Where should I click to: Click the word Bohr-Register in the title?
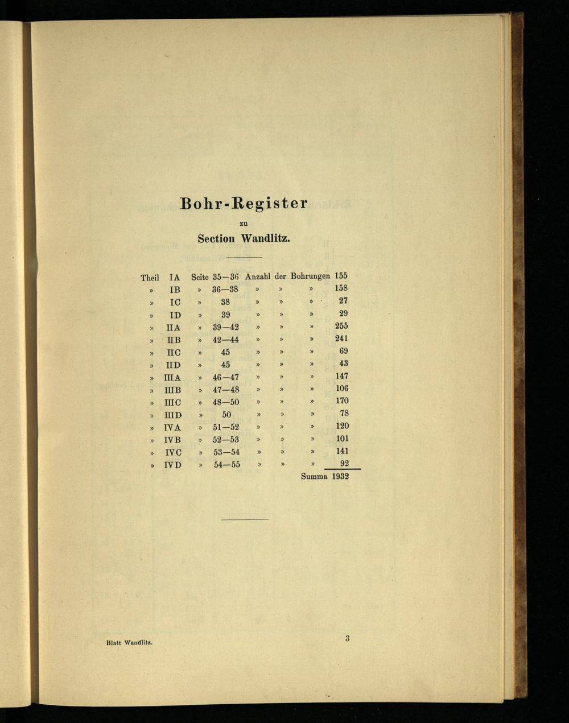[244, 203]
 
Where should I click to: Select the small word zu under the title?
[244, 224]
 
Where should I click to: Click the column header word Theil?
[150, 278]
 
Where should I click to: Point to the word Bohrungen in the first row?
[310, 276]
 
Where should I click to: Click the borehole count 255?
[341, 326]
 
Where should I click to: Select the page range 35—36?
[225, 277]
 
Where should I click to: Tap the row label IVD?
[173, 465]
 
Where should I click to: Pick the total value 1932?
[340, 476]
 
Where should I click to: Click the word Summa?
[314, 476]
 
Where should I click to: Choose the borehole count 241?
[341, 338]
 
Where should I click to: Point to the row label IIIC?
[172, 402]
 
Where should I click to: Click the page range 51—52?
[226, 427]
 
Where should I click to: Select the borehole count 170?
[341, 401]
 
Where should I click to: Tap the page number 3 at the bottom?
[347, 638]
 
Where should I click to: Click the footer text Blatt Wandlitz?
[129, 643]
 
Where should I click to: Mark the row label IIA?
[173, 328]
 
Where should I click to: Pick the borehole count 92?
[344, 464]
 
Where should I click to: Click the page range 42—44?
[226, 340]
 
